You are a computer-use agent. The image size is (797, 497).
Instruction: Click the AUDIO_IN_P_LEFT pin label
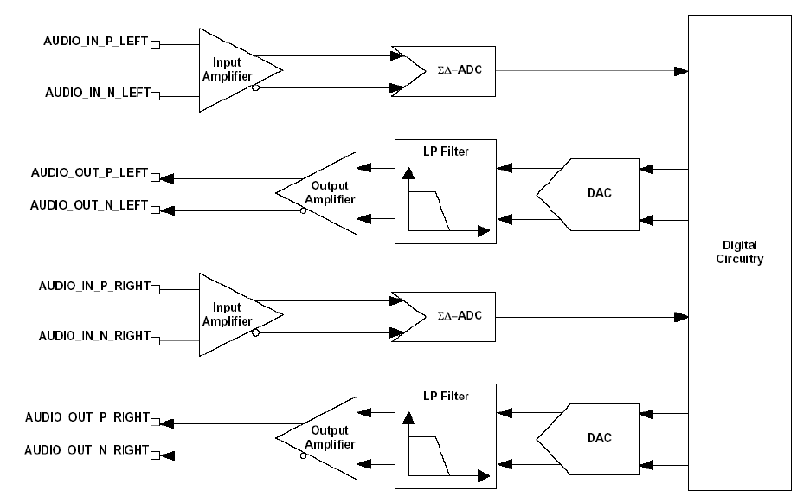click(96, 42)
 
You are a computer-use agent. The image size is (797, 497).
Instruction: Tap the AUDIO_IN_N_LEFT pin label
click(96, 91)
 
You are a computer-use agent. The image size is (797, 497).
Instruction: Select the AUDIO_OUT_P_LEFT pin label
click(89, 173)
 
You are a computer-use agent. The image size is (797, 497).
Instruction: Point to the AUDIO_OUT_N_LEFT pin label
click(89, 206)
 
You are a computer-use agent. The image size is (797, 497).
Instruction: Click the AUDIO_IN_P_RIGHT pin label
click(94, 286)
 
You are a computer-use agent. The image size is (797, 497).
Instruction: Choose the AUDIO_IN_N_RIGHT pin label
click(94, 335)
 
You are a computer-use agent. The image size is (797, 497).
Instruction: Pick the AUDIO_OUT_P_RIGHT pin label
click(87, 417)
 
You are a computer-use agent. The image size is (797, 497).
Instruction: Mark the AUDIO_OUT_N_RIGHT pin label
click(87, 450)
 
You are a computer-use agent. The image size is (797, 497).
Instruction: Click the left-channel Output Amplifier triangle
click(326, 192)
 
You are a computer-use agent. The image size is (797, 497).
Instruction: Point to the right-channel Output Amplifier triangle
click(326, 437)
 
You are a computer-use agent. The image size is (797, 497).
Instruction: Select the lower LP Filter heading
click(445, 397)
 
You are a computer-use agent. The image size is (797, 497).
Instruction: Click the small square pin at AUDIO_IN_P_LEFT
click(156, 42)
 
